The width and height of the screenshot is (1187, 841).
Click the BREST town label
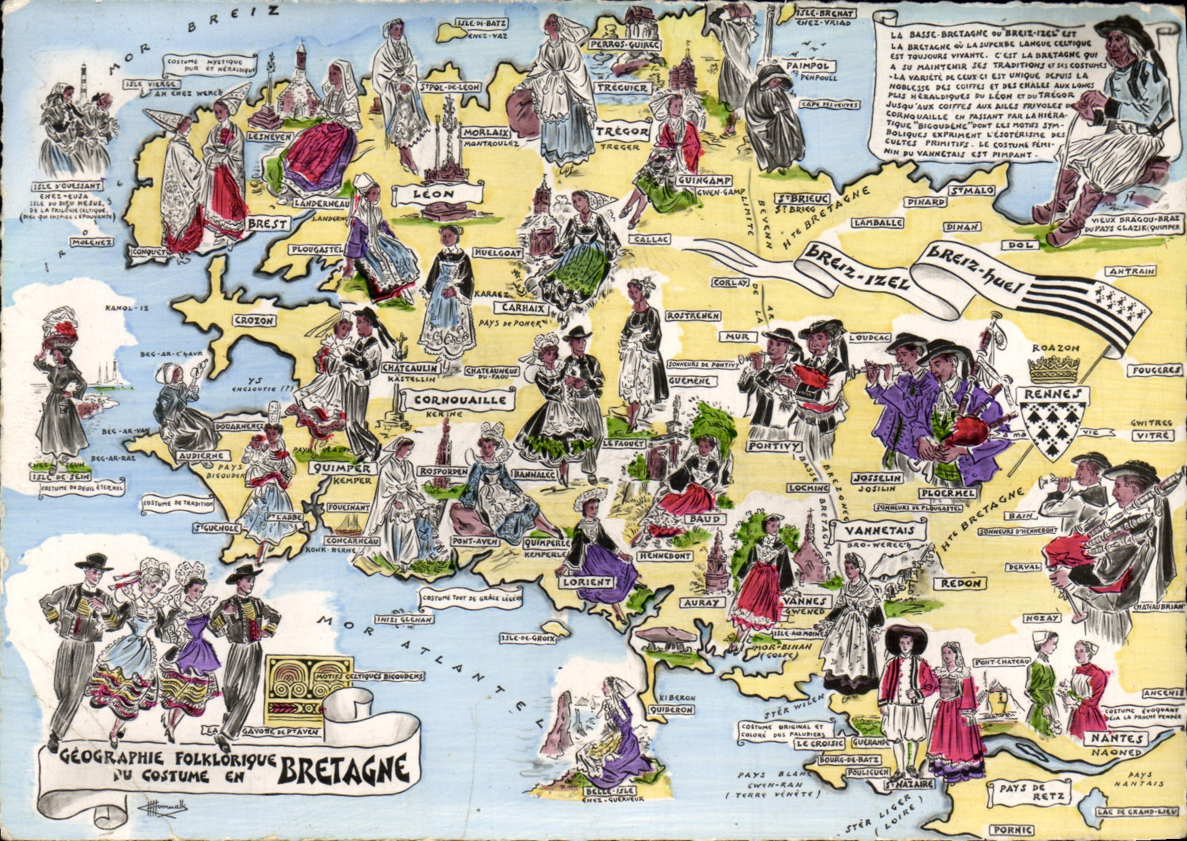click(267, 224)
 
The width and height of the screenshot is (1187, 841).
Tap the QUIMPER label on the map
click(343, 468)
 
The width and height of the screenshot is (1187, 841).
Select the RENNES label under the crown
click(1052, 395)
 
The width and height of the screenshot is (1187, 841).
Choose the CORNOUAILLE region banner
click(455, 399)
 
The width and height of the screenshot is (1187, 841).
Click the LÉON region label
click(434, 194)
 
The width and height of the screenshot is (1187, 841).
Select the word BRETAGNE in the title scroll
click(344, 769)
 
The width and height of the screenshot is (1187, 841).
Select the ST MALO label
click(973, 191)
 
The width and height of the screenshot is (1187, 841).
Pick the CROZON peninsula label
click(254, 320)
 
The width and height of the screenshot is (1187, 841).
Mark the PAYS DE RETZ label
click(1028, 793)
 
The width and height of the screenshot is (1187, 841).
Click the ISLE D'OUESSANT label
click(67, 186)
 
